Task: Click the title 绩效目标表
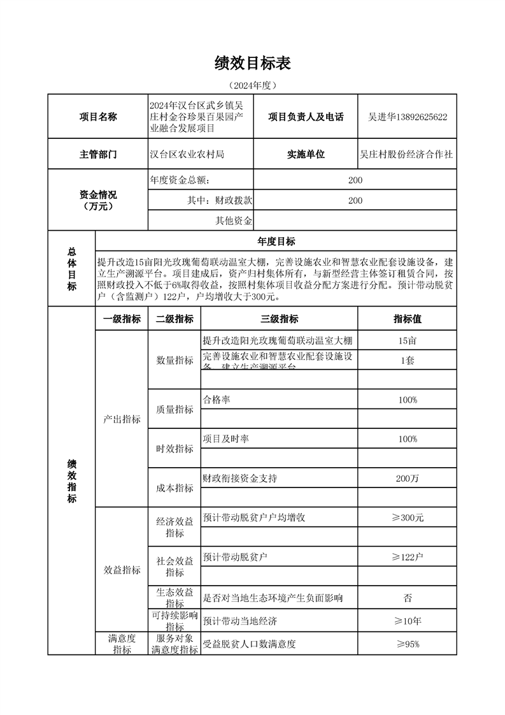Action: [253, 62]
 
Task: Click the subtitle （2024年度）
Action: [253, 85]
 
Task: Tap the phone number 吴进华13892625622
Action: [408, 117]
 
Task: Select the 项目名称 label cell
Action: [97, 117]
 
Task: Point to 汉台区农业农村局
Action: [187, 154]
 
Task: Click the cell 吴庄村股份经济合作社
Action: [407, 154]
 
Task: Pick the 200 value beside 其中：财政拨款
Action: [355, 200]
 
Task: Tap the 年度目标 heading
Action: [276, 241]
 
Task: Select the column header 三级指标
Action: [279, 319]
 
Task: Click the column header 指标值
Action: [407, 319]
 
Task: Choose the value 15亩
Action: [407, 340]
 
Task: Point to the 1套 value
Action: [407, 360]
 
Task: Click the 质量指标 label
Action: [174, 409]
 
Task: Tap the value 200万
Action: [407, 479]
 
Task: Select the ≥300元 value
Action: [407, 517]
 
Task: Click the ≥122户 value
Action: [407, 557]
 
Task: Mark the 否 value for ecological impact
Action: [407, 598]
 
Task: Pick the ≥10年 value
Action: [407, 621]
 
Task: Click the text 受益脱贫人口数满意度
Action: [249, 644]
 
